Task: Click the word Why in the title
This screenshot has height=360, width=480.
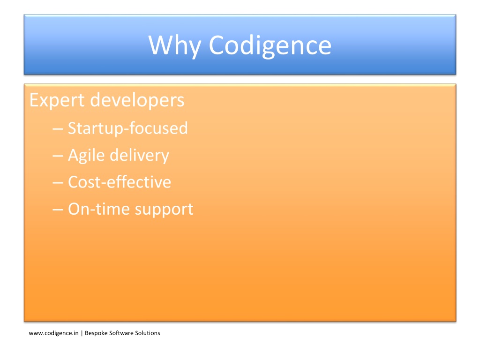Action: coord(174,46)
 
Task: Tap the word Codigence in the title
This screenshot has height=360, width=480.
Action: coord(270,46)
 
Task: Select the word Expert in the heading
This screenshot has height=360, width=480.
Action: coord(57,100)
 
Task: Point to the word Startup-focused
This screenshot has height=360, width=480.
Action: coord(127,128)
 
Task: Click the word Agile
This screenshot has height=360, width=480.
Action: coord(86,156)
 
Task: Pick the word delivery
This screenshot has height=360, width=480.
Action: coord(139,156)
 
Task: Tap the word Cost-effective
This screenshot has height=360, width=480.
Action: coord(120,182)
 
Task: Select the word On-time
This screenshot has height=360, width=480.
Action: coord(99,209)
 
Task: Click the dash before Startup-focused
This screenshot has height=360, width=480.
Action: coord(58,129)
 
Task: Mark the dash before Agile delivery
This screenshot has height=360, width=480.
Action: coord(58,156)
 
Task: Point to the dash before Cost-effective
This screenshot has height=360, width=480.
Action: coord(58,183)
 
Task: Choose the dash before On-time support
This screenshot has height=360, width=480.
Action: coord(58,210)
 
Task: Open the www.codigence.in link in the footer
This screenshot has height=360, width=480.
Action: coord(53,333)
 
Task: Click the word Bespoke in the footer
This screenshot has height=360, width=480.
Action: coord(96,333)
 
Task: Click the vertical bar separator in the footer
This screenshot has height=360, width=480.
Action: coord(82,333)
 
